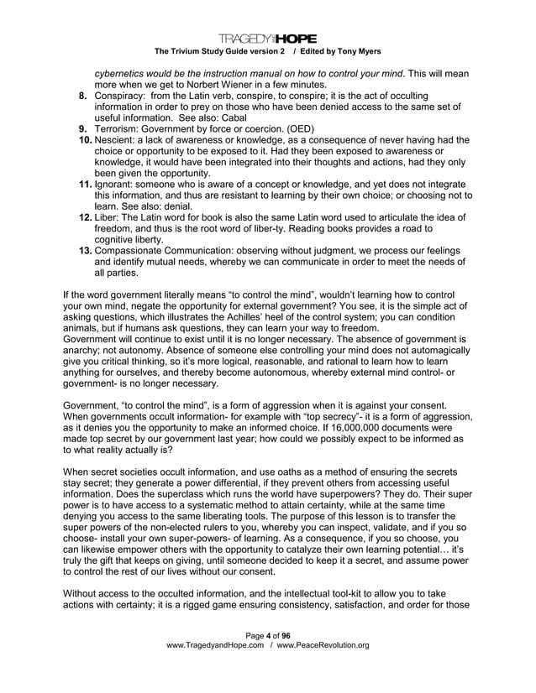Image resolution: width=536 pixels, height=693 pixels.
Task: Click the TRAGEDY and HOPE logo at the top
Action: click(267, 38)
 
